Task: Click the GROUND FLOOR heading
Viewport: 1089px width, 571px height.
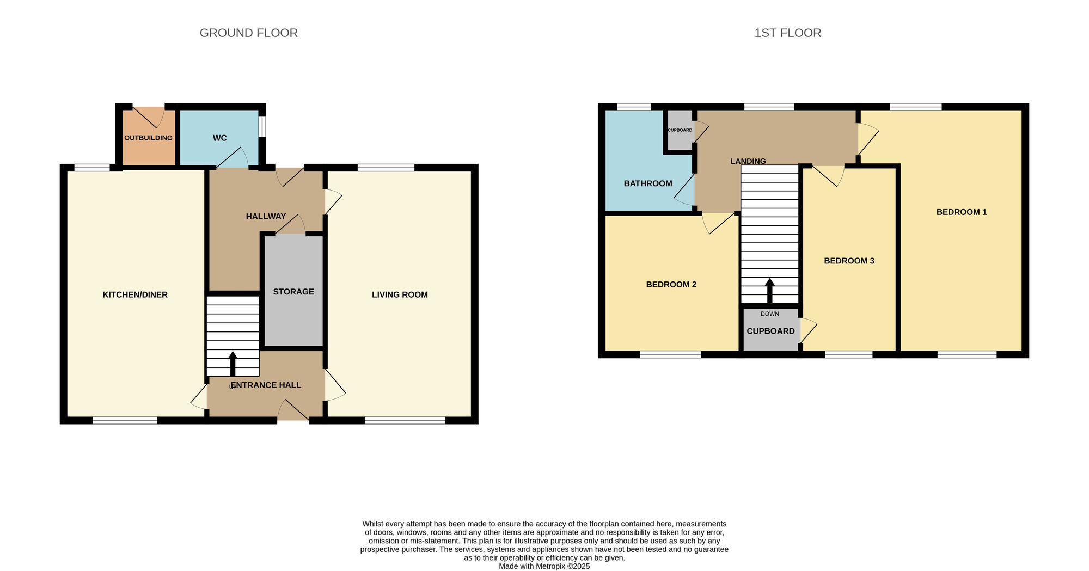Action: coord(248,33)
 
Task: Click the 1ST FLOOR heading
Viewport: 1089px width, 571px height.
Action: coord(787,33)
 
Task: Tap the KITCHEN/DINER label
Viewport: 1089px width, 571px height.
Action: coord(135,294)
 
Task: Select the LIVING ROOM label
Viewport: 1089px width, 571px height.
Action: coord(400,294)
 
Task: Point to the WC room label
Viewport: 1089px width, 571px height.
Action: coord(219,138)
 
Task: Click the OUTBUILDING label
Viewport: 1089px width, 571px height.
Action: coord(148,138)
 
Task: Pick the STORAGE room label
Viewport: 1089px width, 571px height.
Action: coord(293,292)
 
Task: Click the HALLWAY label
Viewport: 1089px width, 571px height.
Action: coord(266,216)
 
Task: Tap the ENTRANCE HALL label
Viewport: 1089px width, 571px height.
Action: coord(266,385)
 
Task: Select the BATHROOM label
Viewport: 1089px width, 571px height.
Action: coord(648,183)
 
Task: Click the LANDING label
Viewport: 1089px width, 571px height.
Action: coord(748,161)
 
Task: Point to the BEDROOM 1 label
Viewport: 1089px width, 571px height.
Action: coord(962,212)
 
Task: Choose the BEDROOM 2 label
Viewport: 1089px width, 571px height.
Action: coord(671,284)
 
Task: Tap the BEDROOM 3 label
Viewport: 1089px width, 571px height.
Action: coord(849,261)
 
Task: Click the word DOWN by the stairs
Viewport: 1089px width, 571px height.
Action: coord(769,314)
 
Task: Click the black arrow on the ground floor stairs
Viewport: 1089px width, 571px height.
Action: coord(233,364)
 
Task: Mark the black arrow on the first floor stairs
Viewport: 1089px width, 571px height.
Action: coord(769,291)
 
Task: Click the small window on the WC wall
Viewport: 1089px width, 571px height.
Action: coord(262,127)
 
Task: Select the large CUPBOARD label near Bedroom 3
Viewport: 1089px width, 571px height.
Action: coord(770,331)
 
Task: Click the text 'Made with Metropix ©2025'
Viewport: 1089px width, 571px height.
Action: coord(544,566)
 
